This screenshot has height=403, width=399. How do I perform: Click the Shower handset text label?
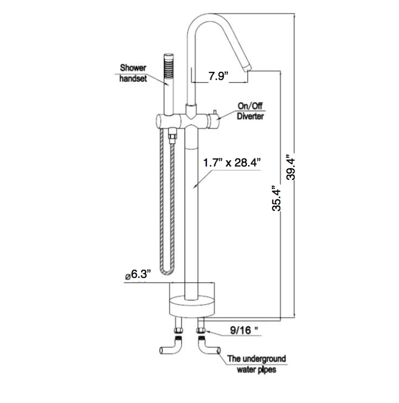(133, 73)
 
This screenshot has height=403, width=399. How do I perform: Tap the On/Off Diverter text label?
(250, 111)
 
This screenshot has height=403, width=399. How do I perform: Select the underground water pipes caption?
(256, 364)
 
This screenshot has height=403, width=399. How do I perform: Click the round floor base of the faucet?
(192, 307)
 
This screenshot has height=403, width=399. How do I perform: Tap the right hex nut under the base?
(200, 331)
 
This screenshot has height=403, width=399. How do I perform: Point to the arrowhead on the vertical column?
(195, 187)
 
